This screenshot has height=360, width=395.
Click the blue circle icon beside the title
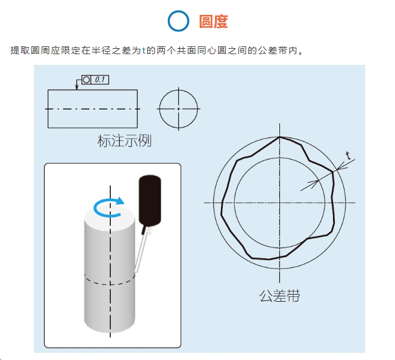click(x=178, y=21)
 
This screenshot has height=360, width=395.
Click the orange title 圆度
click(x=213, y=21)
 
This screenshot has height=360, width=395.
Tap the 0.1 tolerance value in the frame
click(x=100, y=79)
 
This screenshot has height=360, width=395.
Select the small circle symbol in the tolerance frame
click(x=86, y=79)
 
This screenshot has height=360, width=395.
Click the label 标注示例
click(x=124, y=141)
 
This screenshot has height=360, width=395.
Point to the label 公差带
click(x=279, y=296)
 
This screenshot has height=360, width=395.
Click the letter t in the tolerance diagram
click(x=348, y=156)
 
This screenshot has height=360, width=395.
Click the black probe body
click(x=150, y=199)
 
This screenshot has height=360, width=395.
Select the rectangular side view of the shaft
click(x=92, y=108)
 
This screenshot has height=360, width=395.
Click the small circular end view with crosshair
click(x=178, y=109)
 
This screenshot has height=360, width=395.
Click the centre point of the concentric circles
click(x=279, y=202)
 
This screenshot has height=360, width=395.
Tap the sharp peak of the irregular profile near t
click(x=332, y=173)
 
